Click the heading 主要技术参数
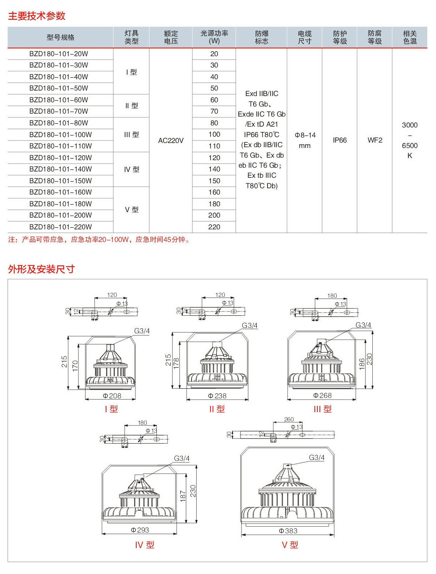pos(37,16)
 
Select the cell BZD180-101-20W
pos(59,54)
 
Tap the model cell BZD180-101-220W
pos(60,227)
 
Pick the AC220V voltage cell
pos(171,140)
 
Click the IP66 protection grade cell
pos(340,140)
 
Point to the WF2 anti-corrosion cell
pos(375,140)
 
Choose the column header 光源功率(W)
pos(214,37)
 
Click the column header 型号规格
pos(60,37)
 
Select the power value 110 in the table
pos(214,146)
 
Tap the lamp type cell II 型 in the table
pos(132,106)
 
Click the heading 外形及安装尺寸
pos(41,269)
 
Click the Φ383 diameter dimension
pos(288,531)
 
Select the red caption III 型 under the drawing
pos(322,409)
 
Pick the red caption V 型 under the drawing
pos(290,545)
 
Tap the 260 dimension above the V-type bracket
pos(289,419)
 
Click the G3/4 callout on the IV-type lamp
pos(182,458)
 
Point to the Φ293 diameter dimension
pos(140,530)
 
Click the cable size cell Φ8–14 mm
pos(305,140)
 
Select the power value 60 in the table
pos(214,100)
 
